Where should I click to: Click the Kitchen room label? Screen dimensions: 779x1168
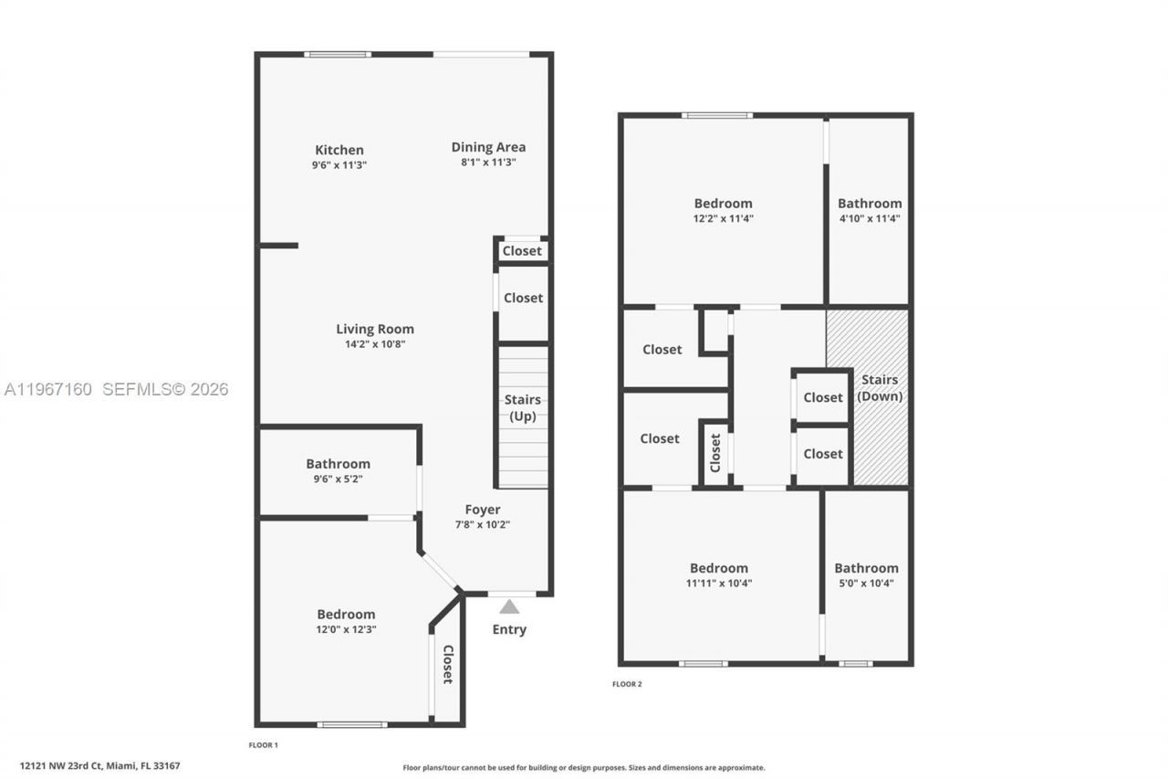coord(339,150)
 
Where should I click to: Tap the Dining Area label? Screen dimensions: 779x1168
coord(488,147)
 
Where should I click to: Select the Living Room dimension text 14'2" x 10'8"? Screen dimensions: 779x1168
coord(374,344)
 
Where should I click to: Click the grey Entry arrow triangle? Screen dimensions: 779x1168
coord(509,606)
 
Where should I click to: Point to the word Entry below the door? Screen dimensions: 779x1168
coord(509,629)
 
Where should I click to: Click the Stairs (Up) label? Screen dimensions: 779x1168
coord(523,408)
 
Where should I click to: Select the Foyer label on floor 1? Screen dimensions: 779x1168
coord(482,510)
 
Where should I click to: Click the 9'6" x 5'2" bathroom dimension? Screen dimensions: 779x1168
coord(338,479)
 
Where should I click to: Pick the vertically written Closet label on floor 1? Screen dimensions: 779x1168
coord(448,664)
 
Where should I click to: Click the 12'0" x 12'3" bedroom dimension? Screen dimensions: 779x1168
coord(346,629)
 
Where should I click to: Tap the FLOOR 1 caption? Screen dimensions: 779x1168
coord(264,745)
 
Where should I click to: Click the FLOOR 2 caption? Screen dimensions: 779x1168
coord(627,684)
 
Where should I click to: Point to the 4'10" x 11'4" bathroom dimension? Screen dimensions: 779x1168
coord(870,218)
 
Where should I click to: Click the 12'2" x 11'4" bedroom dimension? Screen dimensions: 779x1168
coord(723,218)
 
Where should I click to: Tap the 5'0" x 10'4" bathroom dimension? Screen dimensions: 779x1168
coord(866,583)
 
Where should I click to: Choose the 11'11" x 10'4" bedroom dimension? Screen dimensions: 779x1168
coord(719,583)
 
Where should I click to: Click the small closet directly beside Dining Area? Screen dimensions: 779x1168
coord(522,251)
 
